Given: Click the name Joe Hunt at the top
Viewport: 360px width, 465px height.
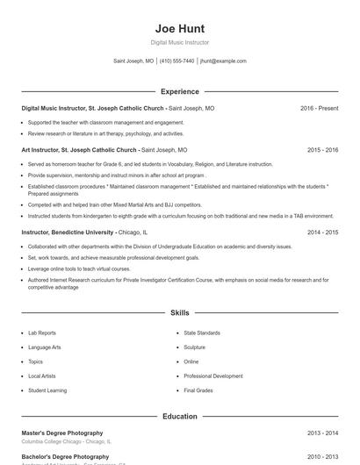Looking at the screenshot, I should (179, 28).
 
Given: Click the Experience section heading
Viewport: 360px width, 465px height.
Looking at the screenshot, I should (179, 91).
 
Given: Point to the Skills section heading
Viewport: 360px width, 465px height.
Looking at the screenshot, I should (179, 312).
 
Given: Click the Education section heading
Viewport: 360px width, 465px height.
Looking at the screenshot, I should (179, 417).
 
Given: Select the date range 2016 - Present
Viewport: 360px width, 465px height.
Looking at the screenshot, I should (319, 108).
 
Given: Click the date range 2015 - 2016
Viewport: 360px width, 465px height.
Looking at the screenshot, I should (322, 150).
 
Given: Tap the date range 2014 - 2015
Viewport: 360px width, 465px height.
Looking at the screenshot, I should (322, 232).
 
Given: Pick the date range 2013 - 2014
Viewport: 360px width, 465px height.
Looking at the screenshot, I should (322, 433).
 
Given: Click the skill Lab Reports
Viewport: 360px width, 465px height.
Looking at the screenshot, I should (41, 333).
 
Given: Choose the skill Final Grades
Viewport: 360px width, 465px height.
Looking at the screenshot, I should (198, 390).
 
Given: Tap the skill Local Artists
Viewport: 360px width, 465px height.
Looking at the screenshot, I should (42, 376).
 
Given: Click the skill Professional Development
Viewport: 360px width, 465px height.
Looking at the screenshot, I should (213, 376).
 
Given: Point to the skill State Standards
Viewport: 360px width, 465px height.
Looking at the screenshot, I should (202, 333).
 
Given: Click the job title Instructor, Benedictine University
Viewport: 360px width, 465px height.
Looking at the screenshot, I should (68, 232).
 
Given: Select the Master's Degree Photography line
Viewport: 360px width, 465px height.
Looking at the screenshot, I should (62, 433).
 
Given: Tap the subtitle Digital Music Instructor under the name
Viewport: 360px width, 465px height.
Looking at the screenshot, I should (179, 42).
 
